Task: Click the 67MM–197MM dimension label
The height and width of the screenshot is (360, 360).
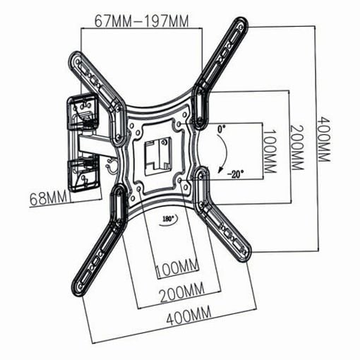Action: click(141, 21)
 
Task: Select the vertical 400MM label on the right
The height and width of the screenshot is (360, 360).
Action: click(324, 139)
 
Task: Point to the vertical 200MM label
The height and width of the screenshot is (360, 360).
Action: click(296, 147)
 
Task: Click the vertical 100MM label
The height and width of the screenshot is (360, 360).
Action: click(269, 151)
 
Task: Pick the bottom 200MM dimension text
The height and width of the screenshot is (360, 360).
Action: click(182, 292)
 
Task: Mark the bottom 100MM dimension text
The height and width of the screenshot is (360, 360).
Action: click(177, 268)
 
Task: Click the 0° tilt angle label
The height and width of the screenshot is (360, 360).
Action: click(221, 129)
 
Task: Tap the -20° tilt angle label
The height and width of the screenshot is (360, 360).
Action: click(235, 175)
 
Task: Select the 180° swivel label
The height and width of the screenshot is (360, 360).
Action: click(168, 219)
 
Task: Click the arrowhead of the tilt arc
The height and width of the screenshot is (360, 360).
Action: click(220, 169)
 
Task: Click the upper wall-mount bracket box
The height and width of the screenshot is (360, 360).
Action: click(82, 112)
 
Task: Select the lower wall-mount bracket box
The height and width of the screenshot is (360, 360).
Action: click(83, 175)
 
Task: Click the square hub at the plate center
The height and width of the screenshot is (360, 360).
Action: click(156, 155)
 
